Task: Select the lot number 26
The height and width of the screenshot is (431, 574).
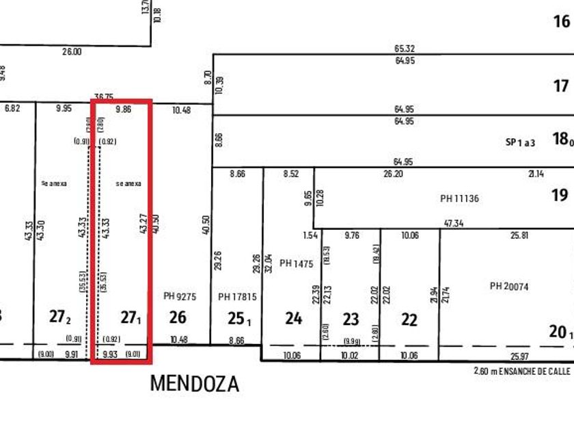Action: pyautogui.click(x=178, y=317)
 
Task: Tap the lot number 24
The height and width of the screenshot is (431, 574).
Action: pyautogui.click(x=293, y=318)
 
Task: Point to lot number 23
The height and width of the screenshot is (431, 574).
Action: pyautogui.click(x=351, y=319)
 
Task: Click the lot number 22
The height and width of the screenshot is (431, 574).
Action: pyautogui.click(x=409, y=319)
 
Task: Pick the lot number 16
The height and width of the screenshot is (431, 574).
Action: pyautogui.click(x=561, y=22)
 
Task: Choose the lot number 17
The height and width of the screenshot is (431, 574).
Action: pyautogui.click(x=561, y=86)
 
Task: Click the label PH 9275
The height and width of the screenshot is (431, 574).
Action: pyautogui.click(x=180, y=297)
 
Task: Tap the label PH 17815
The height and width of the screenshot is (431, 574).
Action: pyautogui.click(x=237, y=297)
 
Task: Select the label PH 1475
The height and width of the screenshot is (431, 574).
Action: pyautogui.click(x=296, y=263)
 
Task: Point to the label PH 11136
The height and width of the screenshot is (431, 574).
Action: pyautogui.click(x=460, y=199)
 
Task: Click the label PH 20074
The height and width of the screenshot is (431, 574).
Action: pyautogui.click(x=509, y=286)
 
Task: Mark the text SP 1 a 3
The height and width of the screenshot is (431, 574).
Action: pyautogui.click(x=521, y=142)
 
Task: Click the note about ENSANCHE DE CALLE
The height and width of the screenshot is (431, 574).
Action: pyautogui.click(x=523, y=371)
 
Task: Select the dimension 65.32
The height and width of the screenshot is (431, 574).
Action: pyautogui.click(x=405, y=49)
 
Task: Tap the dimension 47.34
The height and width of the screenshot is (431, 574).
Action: pyautogui.click(x=453, y=224)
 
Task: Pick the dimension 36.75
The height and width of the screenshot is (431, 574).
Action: pyautogui.click(x=104, y=97)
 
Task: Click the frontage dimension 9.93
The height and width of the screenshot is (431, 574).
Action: pyautogui.click(x=110, y=354)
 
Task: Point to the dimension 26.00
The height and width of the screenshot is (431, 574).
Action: pyautogui.click(x=71, y=51)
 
